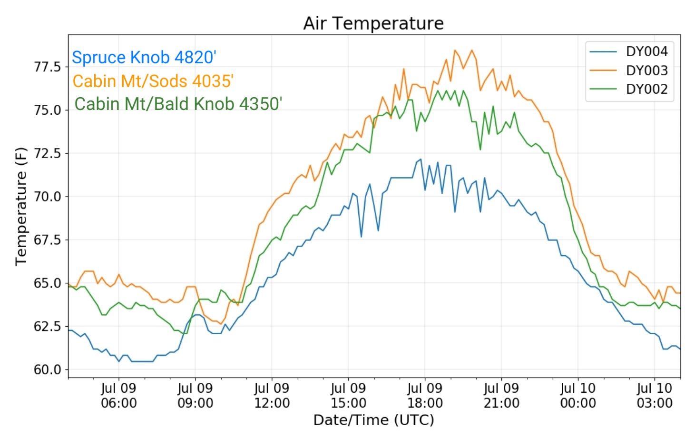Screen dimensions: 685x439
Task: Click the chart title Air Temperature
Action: pyautogui.click(x=373, y=23)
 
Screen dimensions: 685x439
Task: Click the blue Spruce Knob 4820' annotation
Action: pyautogui.click(x=144, y=57)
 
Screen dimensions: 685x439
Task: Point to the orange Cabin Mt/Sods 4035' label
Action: pyautogui.click(x=153, y=81)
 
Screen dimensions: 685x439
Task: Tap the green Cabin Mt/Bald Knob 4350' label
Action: pyautogui.click(x=178, y=104)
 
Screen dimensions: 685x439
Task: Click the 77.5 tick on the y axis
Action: pyautogui.click(x=48, y=67)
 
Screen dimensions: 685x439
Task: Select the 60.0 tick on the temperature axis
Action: pyautogui.click(x=48, y=370)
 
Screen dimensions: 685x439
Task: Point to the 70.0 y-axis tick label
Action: pyautogui.click(x=48, y=197)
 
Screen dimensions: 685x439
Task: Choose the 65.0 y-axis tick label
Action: pyautogui.click(x=48, y=283)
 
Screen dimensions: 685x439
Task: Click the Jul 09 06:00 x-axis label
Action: pyautogui.click(x=118, y=396)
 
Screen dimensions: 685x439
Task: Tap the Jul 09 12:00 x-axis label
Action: pyautogui.click(x=272, y=396)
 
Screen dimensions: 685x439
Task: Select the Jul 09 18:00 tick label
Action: pyautogui.click(x=425, y=396)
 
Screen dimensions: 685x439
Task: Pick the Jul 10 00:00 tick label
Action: pyautogui.click(x=578, y=396)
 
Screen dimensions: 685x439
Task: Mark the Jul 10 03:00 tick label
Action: pyautogui.click(x=655, y=396)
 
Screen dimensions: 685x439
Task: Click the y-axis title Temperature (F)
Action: pyautogui.click(x=21, y=207)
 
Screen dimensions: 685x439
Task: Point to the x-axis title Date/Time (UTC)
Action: pyautogui.click(x=374, y=420)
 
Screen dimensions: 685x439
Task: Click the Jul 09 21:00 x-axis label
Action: pyautogui.click(x=501, y=396)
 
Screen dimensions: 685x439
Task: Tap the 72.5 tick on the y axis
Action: pyautogui.click(x=48, y=153)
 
